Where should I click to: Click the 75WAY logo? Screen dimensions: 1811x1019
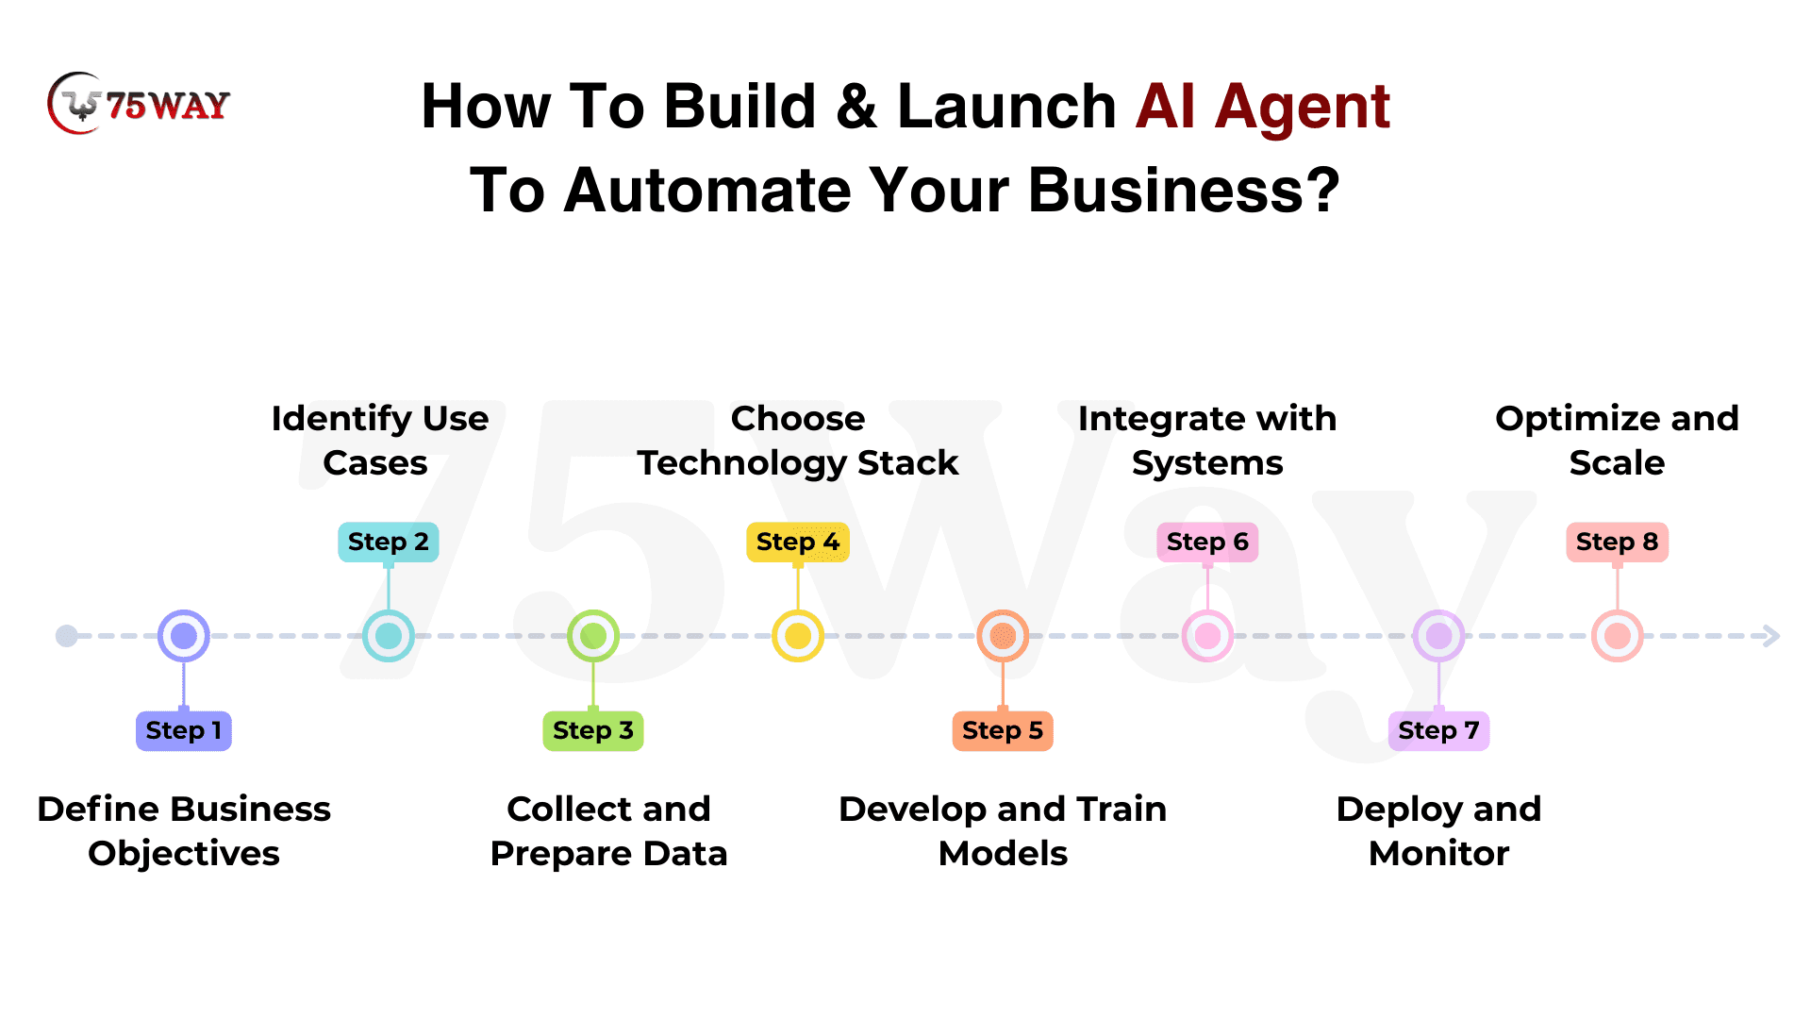[139, 103]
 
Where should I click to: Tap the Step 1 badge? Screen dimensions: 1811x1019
[184, 730]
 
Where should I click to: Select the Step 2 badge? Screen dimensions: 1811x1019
[389, 542]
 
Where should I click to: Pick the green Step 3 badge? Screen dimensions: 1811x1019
[593, 730]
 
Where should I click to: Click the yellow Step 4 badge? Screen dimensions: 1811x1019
[798, 542]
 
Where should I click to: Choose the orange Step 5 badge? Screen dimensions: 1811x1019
[1003, 730]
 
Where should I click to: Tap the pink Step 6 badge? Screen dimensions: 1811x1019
[1207, 542]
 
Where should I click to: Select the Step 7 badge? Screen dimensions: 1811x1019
[1438, 730]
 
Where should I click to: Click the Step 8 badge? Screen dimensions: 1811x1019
[1618, 542]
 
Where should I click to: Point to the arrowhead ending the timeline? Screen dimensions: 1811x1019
[1771, 636]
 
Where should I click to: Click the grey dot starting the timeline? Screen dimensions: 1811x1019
[67, 636]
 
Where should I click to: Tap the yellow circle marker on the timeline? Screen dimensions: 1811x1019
[798, 636]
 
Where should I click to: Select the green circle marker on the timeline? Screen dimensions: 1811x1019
[593, 636]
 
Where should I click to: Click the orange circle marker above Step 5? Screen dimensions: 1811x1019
[1003, 636]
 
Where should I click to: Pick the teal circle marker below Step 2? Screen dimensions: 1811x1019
[389, 636]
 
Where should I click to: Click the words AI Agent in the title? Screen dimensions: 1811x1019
[1263, 106]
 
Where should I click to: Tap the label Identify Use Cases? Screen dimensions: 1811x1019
[379, 441]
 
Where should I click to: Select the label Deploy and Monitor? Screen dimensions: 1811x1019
[1438, 831]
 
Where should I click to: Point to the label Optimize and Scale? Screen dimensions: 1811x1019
[1617, 441]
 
